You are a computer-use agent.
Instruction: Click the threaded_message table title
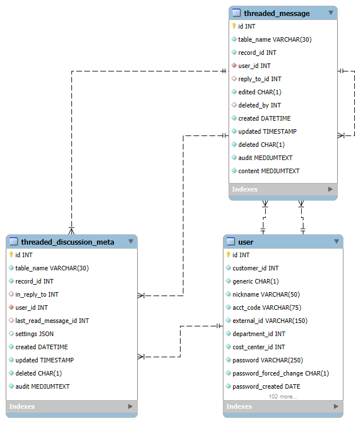(277, 13)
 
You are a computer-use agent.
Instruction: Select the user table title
(246, 242)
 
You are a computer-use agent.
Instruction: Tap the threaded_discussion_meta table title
(67, 242)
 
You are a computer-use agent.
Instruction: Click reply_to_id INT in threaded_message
(259, 79)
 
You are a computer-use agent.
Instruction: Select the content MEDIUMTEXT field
(269, 171)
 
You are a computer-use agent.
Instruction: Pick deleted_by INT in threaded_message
(259, 105)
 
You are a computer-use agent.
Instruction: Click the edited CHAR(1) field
(259, 92)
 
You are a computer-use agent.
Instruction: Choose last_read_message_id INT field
(52, 321)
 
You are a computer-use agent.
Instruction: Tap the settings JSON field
(34, 334)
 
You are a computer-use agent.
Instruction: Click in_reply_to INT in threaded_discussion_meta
(37, 294)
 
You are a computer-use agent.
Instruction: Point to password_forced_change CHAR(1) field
(281, 373)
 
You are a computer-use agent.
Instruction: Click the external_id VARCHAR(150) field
(270, 321)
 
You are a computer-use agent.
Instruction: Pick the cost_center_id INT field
(258, 347)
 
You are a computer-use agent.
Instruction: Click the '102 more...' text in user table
(283, 396)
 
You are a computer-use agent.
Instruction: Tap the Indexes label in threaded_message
(245, 189)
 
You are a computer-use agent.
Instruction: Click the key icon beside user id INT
(229, 255)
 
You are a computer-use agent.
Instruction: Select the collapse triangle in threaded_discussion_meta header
(130, 242)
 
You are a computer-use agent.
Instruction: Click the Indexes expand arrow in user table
(335, 406)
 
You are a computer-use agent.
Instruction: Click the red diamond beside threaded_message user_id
(234, 66)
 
